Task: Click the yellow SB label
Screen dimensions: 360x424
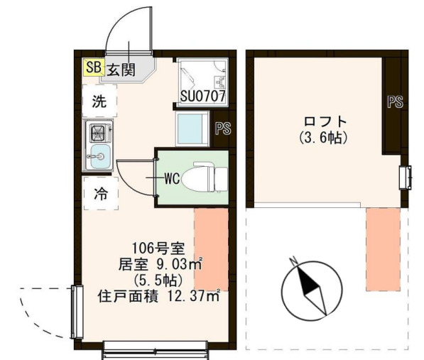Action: (93, 67)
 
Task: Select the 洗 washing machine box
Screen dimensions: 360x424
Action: (99, 102)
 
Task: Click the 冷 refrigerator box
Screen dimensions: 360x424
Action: (101, 194)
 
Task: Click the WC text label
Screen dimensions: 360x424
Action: (171, 179)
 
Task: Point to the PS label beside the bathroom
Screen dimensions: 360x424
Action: (222, 128)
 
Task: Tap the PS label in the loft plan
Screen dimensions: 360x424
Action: (395, 102)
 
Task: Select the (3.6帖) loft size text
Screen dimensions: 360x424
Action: (323, 138)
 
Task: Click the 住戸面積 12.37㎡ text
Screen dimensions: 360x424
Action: (158, 294)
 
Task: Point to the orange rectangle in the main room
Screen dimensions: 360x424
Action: (212, 249)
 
